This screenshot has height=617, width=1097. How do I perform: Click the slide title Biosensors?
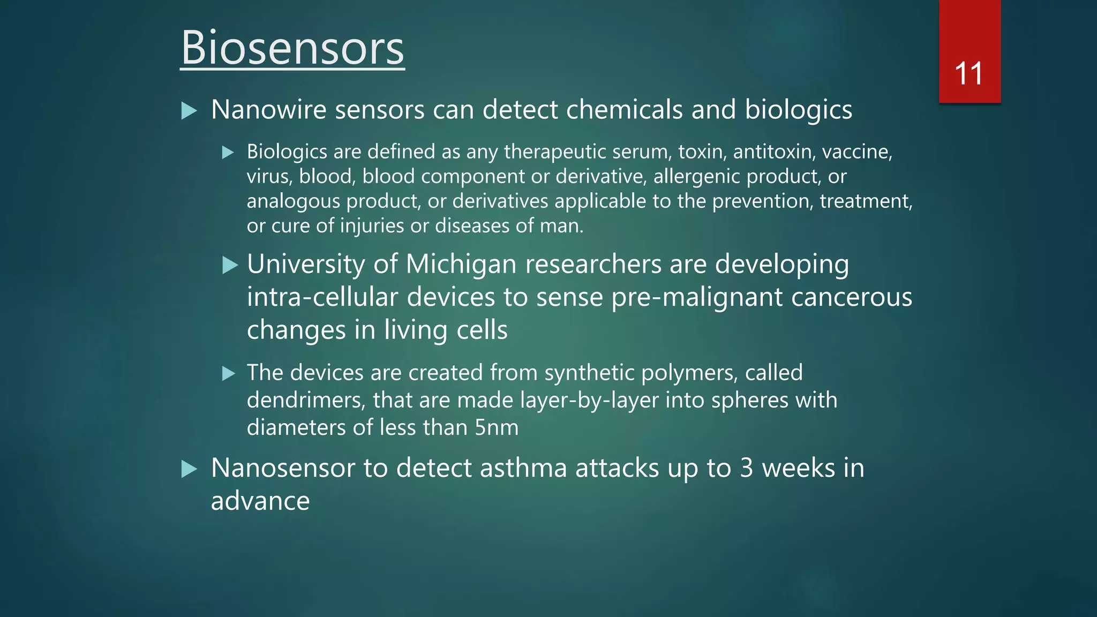click(292, 48)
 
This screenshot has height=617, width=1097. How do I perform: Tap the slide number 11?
click(968, 74)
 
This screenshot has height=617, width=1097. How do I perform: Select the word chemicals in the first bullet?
click(625, 110)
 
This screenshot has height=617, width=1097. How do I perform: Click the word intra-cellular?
click(323, 297)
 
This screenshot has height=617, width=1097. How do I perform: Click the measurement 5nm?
click(497, 428)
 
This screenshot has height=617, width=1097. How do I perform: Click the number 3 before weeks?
click(747, 468)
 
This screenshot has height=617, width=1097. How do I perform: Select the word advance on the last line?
click(260, 501)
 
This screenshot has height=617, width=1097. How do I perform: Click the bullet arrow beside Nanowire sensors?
click(189, 111)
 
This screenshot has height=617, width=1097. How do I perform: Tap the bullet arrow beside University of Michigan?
click(230, 265)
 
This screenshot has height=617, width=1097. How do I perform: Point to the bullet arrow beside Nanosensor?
click(189, 469)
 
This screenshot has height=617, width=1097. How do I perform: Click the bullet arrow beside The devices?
click(229, 373)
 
